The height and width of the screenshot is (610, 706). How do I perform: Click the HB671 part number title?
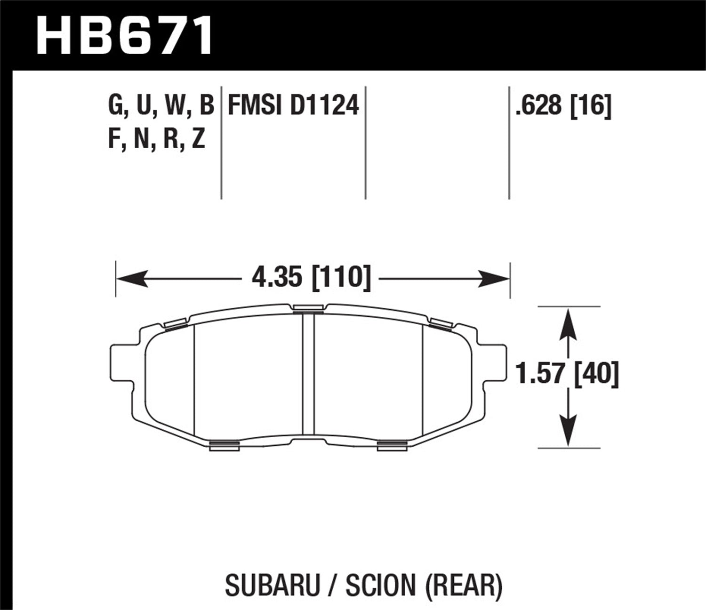pos(125,35)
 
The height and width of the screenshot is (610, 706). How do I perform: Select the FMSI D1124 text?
pos(293,105)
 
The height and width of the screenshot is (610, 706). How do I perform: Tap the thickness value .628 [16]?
pos(563,105)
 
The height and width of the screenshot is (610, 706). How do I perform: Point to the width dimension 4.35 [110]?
pos(311,278)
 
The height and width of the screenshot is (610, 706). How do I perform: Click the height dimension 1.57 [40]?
pos(567,374)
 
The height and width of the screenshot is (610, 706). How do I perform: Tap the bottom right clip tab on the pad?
pos(392,445)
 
